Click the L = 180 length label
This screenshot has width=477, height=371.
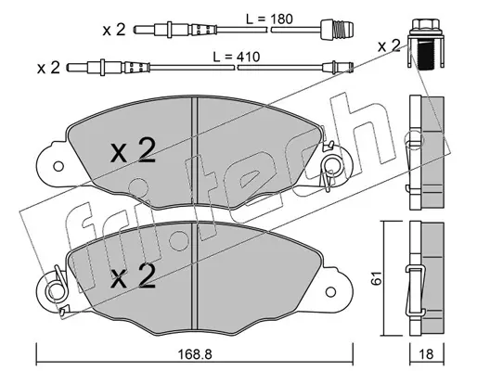[x=269, y=19]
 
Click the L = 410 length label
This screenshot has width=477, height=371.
[x=237, y=57]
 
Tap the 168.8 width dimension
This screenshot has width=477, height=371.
[x=195, y=354]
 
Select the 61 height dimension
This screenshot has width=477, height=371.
[x=375, y=278]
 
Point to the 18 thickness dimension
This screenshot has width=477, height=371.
[x=426, y=354]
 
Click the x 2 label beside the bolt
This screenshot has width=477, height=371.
[x=389, y=46]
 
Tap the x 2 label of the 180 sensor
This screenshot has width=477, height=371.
[x=114, y=30]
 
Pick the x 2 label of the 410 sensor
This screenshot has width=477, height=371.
[x=48, y=68]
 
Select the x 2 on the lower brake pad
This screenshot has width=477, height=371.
[x=133, y=276]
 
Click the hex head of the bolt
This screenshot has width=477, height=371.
[x=426, y=24]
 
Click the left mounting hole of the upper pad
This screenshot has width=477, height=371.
[x=58, y=166]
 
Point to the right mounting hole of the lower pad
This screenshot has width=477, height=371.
[x=330, y=291]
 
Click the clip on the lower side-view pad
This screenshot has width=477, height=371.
[x=415, y=290]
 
